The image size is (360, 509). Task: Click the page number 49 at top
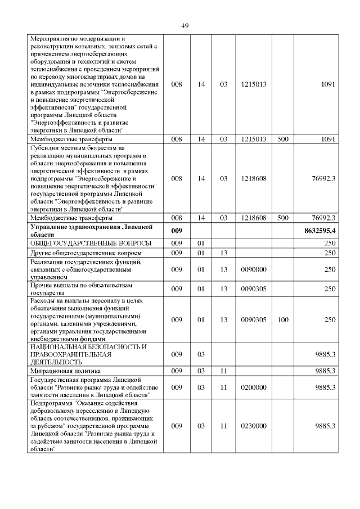point(185,26)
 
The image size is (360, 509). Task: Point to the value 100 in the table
point(283,319)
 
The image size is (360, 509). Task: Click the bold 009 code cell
point(177,231)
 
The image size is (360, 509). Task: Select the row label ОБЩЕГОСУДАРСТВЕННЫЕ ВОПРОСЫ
point(91,243)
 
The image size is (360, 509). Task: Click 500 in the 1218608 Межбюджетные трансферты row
point(283,217)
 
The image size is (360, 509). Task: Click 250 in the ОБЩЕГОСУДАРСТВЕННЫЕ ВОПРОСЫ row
point(330,243)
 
